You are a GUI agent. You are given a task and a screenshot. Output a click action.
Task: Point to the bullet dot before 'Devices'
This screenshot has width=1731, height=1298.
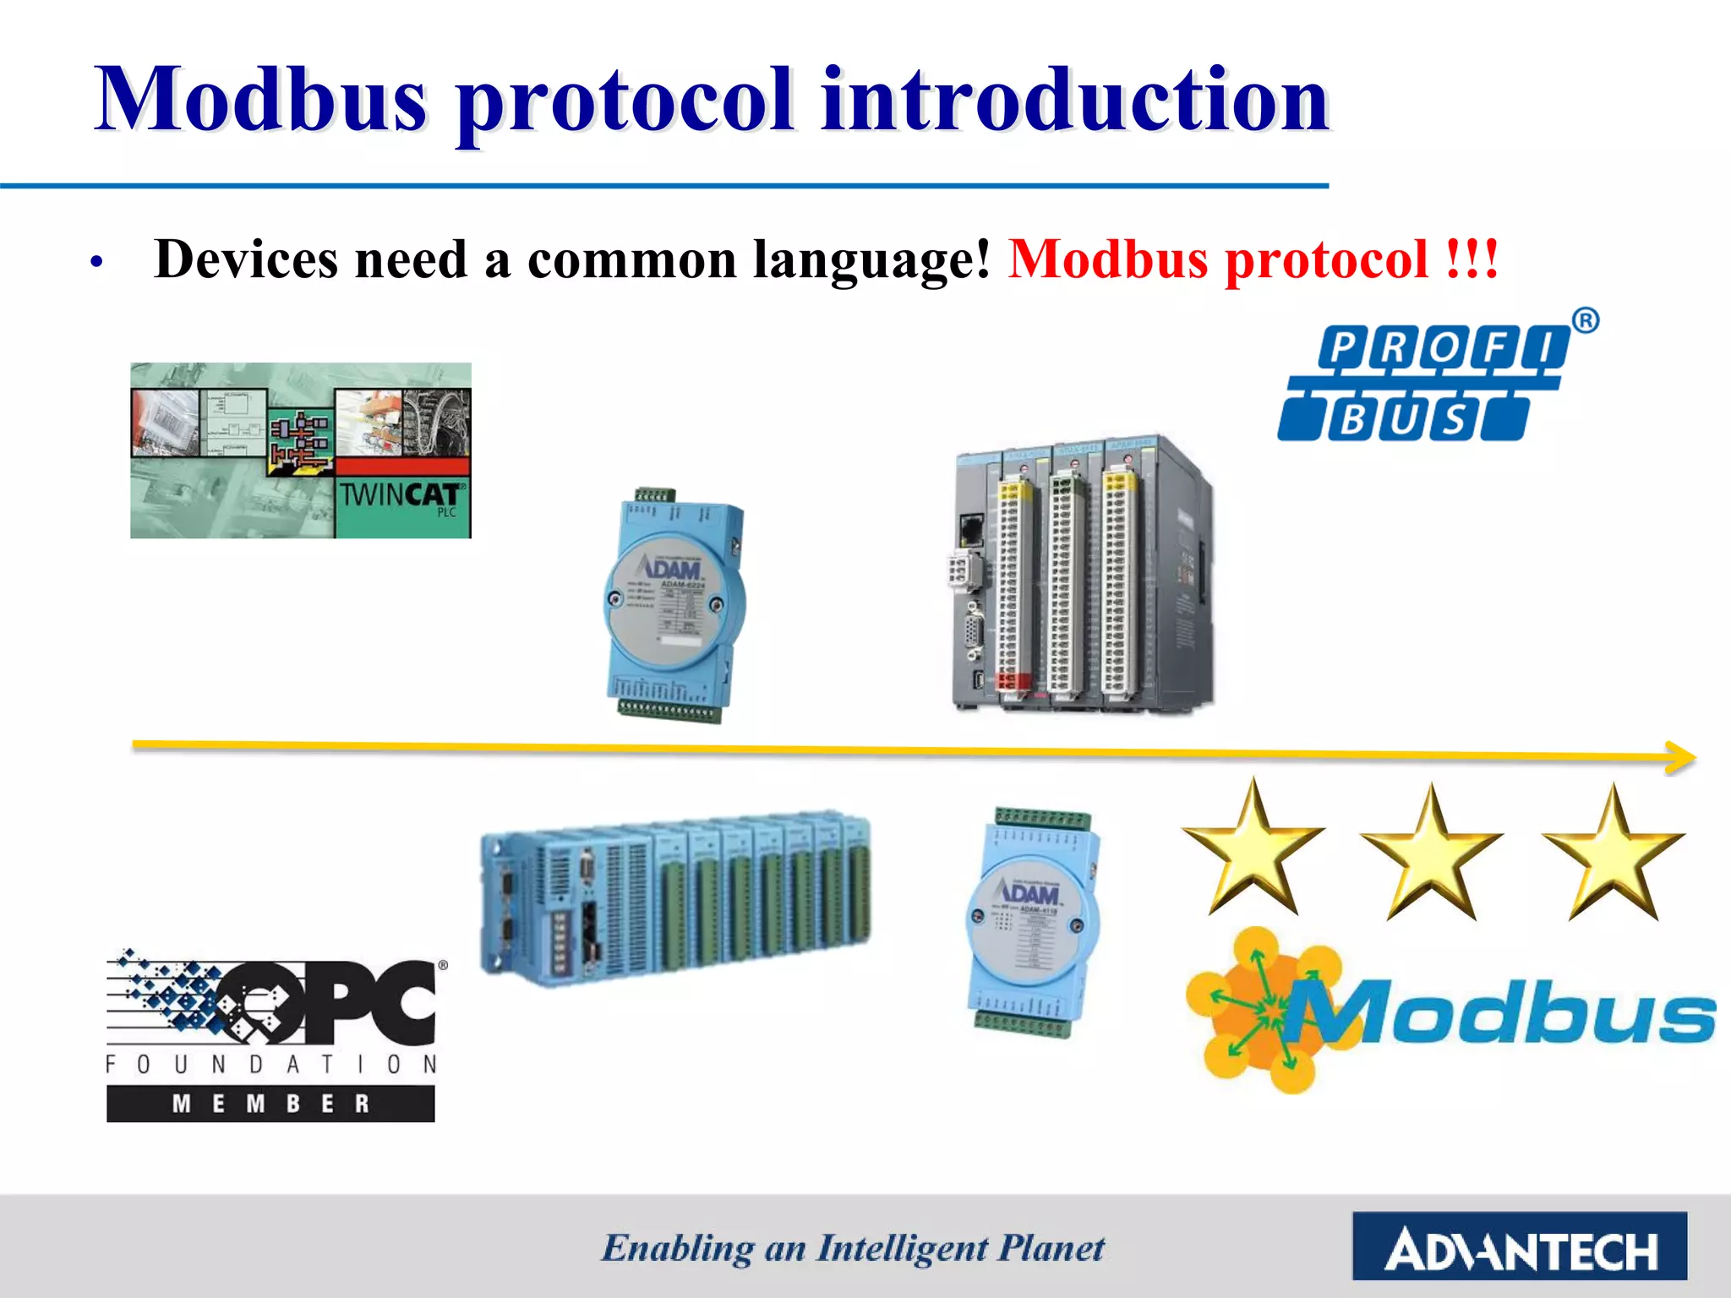(x=97, y=263)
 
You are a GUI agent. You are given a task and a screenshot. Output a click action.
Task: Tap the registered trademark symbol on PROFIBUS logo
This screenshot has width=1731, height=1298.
(x=1586, y=320)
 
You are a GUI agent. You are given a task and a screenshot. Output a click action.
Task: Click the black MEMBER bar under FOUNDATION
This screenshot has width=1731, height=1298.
(x=270, y=1103)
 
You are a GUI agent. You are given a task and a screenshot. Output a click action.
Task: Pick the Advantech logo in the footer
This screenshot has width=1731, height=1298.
(x=1519, y=1246)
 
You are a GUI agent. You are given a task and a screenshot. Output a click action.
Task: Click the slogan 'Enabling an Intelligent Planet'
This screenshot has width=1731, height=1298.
(x=852, y=1248)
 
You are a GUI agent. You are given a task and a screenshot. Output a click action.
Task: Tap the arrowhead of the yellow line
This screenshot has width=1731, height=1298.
(x=1682, y=757)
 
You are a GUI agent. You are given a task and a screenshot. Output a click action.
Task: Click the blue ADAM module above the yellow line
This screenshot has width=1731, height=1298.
(x=674, y=604)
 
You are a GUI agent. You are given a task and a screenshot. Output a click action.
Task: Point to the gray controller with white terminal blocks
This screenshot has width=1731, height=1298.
(x=1082, y=575)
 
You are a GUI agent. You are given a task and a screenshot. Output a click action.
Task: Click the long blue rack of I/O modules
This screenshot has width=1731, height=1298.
(x=675, y=900)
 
